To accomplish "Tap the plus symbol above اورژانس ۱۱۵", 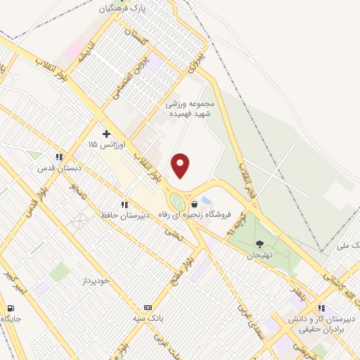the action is click(107, 133).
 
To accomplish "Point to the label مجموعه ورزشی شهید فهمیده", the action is click(193, 108).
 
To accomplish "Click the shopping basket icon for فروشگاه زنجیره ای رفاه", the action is click(194, 204).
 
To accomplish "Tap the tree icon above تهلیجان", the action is click(260, 244).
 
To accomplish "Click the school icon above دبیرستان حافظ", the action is click(124, 205).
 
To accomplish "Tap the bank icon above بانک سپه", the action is click(148, 307).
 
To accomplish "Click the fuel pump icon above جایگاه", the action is click(11, 309).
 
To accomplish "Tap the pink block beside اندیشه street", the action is click(74, 49).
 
